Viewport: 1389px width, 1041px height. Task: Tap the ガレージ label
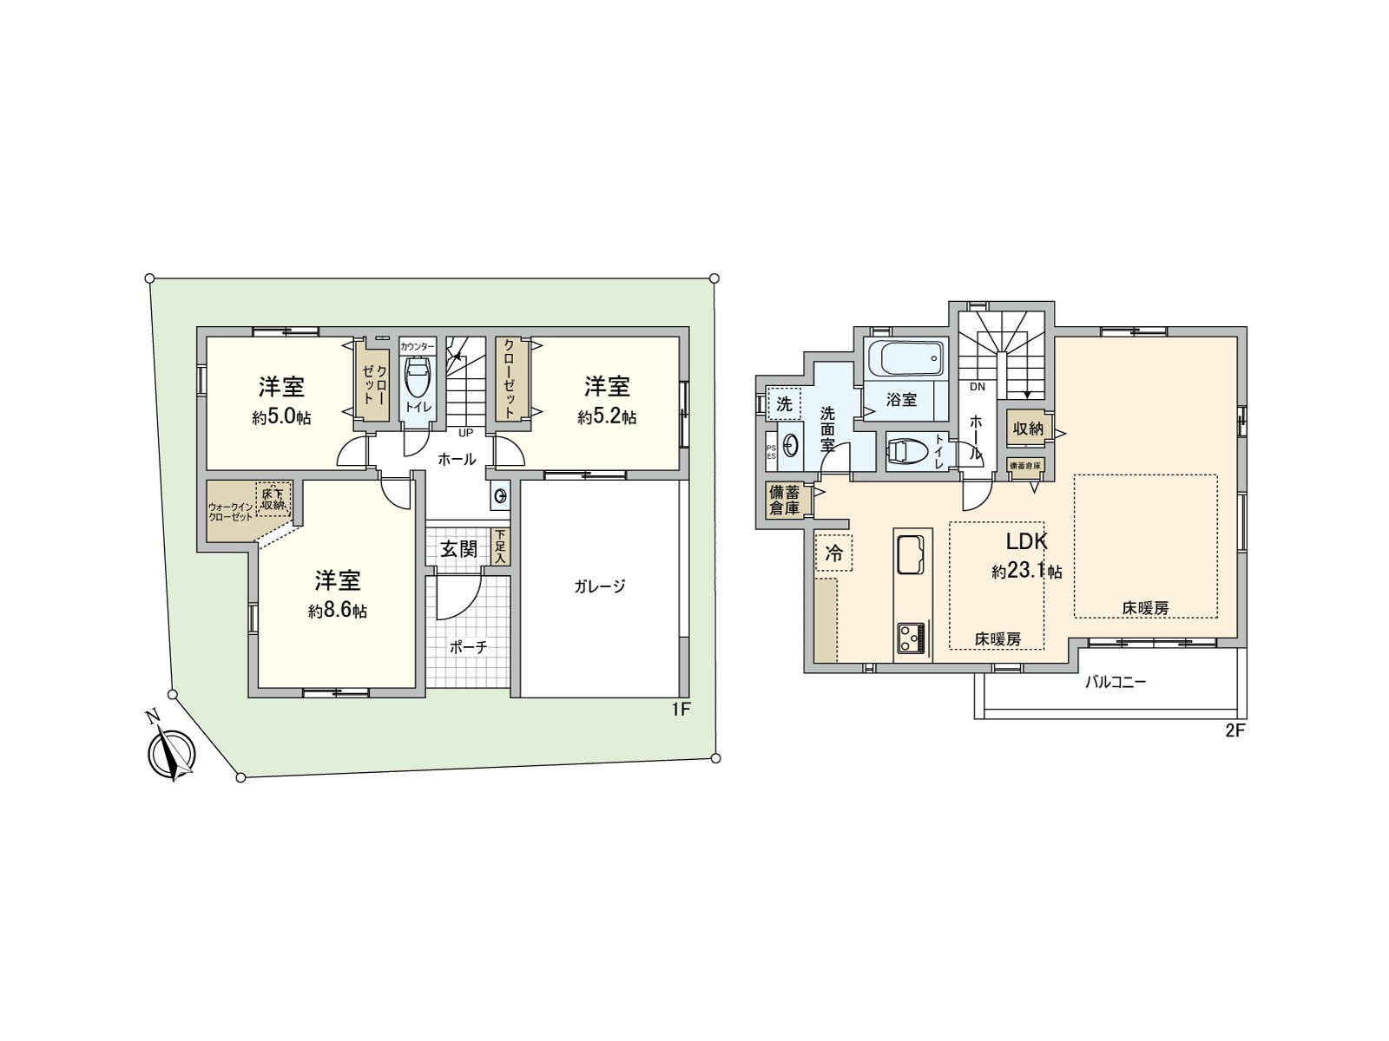(x=599, y=586)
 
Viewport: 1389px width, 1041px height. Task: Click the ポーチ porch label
(x=469, y=646)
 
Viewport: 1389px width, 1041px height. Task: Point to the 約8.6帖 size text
(x=338, y=612)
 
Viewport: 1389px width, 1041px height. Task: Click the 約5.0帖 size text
(x=282, y=418)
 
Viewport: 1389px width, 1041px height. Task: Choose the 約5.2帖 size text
(x=607, y=418)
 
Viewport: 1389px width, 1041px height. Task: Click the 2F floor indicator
(x=1234, y=730)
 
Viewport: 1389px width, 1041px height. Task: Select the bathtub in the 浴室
(x=903, y=357)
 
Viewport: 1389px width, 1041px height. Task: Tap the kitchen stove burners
(x=911, y=638)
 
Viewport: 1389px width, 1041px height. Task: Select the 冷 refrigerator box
(x=833, y=553)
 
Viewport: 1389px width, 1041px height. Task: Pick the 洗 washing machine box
(x=785, y=403)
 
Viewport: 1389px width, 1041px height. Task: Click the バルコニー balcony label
(x=1116, y=682)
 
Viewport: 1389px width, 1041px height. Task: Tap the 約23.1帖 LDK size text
(x=1027, y=573)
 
